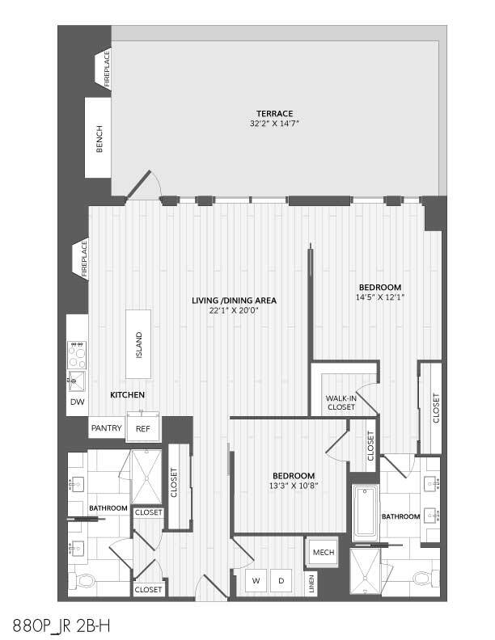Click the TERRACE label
tap(274, 113)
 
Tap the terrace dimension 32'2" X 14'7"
tap(274, 124)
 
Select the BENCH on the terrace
tap(99, 140)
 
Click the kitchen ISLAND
tap(138, 343)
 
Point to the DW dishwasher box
tap(77, 402)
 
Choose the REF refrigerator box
tap(143, 428)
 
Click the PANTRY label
tap(106, 428)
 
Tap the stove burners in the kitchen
tap(78, 354)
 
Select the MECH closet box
tap(324, 552)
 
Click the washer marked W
tap(256, 581)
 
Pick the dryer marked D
tap(281, 581)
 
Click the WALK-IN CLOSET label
tap(341, 402)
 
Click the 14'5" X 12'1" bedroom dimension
tap(380, 297)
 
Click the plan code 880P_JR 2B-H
tap(61, 625)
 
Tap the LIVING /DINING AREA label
tap(234, 301)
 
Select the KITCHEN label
tap(128, 395)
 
